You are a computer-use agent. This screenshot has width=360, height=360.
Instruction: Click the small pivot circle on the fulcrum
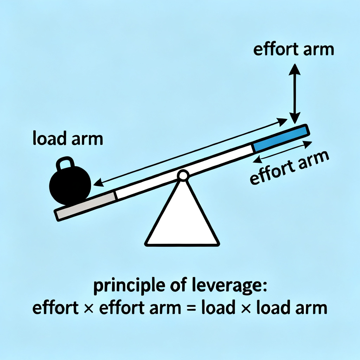tap(182, 175)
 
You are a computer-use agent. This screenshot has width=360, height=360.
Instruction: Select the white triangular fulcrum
tap(182, 218)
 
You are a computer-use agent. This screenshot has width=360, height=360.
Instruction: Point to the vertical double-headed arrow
tap(295, 94)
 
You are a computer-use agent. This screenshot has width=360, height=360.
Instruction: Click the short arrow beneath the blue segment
tap(283, 152)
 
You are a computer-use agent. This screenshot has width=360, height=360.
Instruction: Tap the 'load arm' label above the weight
tap(67, 139)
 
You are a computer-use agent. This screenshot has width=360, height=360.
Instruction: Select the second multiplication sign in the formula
tap(246, 308)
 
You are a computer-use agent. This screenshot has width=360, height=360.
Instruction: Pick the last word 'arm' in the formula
tap(312, 308)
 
